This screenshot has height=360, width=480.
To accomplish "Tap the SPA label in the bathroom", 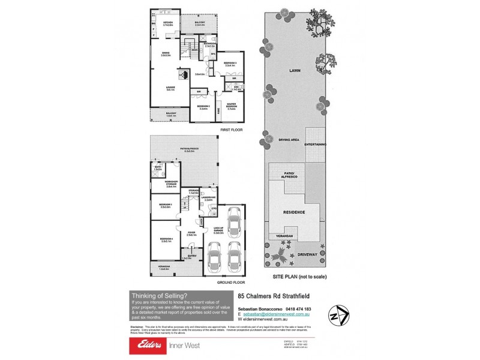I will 213,54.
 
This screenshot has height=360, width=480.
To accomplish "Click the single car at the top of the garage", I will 232,217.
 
